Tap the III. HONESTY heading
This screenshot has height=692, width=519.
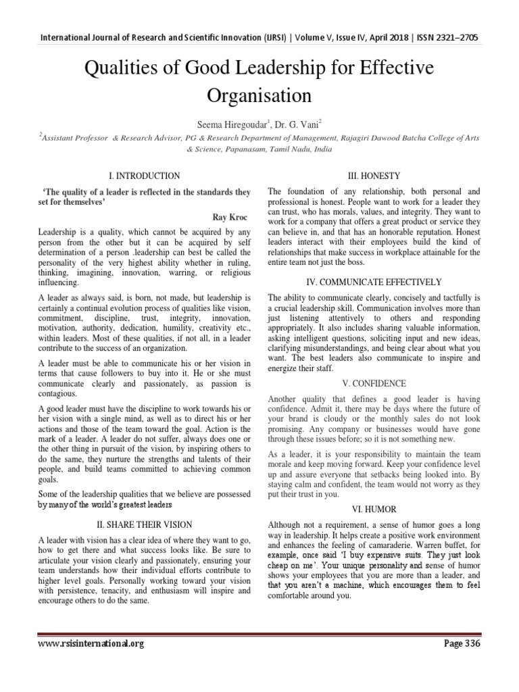click(374, 176)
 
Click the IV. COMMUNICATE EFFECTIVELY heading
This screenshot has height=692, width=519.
click(374, 281)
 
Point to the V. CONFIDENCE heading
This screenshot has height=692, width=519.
click(374, 382)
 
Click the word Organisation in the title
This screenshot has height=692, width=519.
click(259, 95)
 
